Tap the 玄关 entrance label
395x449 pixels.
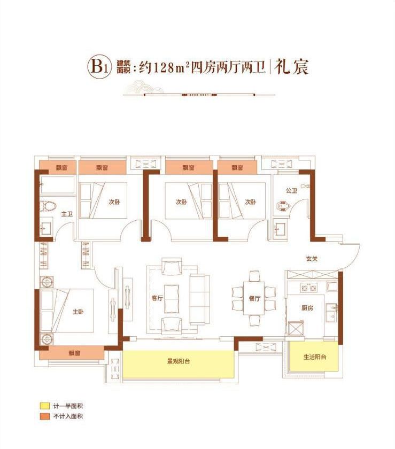tap(312, 259)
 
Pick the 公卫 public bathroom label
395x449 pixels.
tap(291, 189)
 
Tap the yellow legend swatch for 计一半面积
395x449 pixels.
tap(42, 406)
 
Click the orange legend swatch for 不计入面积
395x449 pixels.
tap(42, 416)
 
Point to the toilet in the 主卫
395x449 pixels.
tap(47, 206)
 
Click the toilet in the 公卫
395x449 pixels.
tap(283, 205)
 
